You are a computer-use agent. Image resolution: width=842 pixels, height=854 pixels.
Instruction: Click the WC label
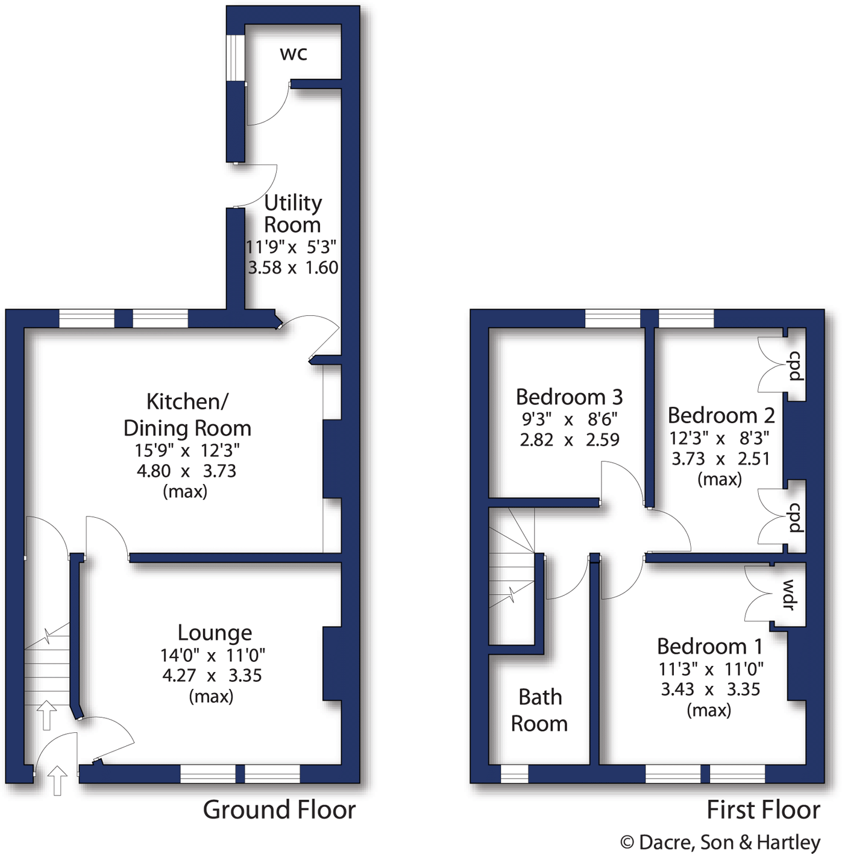(294, 54)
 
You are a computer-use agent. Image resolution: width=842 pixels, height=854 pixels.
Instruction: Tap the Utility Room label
(293, 213)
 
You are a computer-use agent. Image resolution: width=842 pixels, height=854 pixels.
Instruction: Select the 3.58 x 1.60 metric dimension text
(293, 268)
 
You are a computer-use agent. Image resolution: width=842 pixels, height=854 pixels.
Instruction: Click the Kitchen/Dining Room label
(187, 415)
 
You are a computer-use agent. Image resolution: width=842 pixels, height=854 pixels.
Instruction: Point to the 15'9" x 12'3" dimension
(187, 450)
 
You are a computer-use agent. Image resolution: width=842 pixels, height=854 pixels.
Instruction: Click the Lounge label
(215, 633)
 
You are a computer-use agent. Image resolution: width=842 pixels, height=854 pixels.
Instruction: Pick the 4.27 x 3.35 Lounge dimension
(212, 676)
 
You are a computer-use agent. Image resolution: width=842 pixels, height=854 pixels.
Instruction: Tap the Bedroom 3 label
(569, 397)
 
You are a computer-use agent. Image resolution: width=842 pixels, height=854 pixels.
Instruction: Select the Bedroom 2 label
(721, 416)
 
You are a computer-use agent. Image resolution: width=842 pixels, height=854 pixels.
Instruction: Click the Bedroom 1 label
(709, 647)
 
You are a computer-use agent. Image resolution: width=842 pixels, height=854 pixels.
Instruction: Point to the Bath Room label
(539, 711)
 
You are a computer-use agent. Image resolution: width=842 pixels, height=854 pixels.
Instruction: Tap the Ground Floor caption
(279, 810)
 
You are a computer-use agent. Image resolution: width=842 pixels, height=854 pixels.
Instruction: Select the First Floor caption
(763, 810)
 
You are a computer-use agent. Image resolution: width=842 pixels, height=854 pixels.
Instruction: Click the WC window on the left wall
(235, 58)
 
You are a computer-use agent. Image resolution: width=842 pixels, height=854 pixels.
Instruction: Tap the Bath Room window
(514, 773)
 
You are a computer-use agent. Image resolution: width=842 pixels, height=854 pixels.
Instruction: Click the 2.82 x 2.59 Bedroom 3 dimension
(570, 440)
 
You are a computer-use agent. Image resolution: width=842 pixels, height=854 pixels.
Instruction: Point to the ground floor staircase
(47, 669)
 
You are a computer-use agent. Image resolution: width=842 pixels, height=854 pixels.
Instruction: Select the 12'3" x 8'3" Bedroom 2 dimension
(719, 438)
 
